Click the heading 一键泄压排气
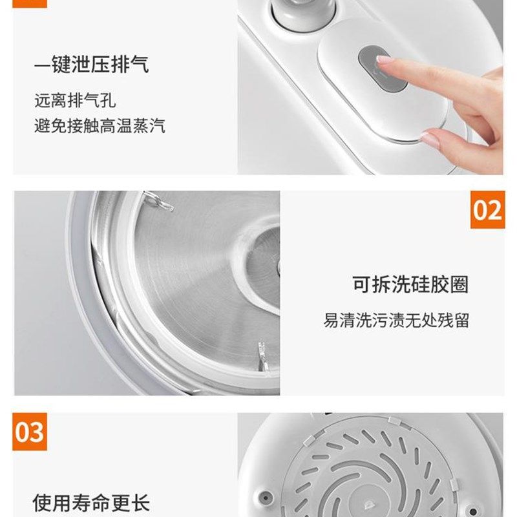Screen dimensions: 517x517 pos(91,65)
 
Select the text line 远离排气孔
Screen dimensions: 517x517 pos(75,100)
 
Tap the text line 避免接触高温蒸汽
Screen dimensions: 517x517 pos(100,125)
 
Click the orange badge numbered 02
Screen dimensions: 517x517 pos(487,210)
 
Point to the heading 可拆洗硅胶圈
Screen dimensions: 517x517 pos(410,284)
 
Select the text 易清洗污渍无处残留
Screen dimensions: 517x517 pos(396,320)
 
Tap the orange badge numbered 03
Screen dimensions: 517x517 pos(30,432)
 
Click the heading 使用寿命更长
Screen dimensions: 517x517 pos(91,503)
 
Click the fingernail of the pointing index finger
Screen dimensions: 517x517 pos(384,60)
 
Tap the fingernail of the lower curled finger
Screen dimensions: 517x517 pos(428,137)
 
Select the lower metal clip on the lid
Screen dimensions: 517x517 pos(262,356)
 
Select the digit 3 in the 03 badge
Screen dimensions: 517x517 pos(37,432)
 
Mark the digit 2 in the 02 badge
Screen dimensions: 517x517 pos(494,210)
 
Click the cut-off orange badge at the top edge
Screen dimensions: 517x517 pos(30,3)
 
